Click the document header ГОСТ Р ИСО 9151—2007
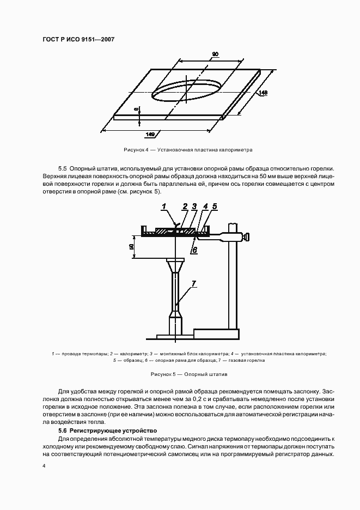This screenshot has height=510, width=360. tap(78, 40)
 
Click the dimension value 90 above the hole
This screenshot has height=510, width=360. tap(215, 54)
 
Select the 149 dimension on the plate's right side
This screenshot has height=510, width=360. tap(263, 93)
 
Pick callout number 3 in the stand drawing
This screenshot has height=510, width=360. tap(194, 207)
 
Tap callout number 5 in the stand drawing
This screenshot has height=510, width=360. tap(215, 207)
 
